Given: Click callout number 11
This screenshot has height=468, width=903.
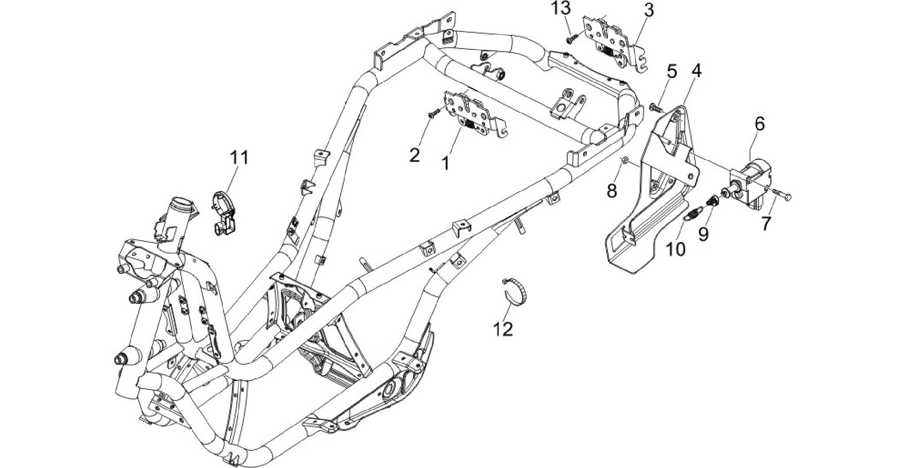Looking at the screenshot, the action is (239, 157).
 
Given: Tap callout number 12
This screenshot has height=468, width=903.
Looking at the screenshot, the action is (503, 329).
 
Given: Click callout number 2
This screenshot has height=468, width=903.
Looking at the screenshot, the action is (414, 155).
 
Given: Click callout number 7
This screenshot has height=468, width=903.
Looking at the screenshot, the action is (766, 223).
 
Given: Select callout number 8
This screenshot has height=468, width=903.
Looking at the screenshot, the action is (612, 191).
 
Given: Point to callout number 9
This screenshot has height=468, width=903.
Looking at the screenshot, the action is (703, 233).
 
